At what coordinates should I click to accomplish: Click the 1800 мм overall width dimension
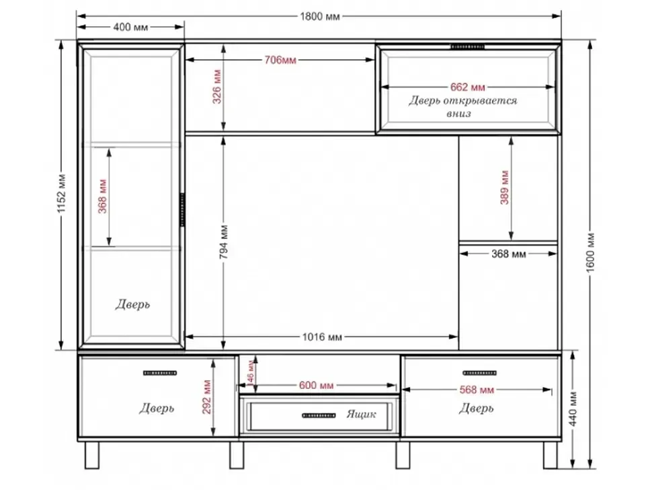[x=320, y=17]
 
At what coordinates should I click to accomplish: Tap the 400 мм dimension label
[x=130, y=28]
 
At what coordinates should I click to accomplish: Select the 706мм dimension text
[x=281, y=61]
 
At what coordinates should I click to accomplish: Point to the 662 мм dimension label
[x=467, y=87]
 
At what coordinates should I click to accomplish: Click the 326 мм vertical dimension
[x=217, y=87]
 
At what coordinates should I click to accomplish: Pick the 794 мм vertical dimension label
[x=224, y=242]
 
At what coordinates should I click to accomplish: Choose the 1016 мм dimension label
[x=322, y=337]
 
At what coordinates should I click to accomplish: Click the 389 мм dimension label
[x=504, y=187]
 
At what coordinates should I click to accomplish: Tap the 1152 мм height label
[x=62, y=193]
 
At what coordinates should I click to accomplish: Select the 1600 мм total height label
[x=591, y=252]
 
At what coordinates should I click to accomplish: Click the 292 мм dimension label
[x=206, y=397]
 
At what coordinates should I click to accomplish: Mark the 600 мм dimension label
[x=316, y=386]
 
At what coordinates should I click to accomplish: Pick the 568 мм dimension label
[x=477, y=390]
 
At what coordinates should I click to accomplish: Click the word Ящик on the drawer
[x=362, y=415]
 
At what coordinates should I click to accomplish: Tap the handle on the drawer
[x=319, y=415]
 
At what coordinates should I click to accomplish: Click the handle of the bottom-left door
[x=160, y=373]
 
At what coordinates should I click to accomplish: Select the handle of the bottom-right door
[x=480, y=373]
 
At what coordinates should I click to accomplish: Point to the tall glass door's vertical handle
[x=182, y=210]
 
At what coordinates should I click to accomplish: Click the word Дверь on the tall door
[x=132, y=305]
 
